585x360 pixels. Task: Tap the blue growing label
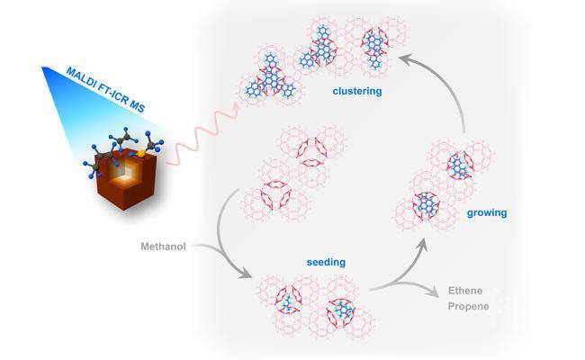pos(487,213)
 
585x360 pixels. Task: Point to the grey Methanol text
pos(164,245)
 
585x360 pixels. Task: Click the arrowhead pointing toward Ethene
pos(427,290)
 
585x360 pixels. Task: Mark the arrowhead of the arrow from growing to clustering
pos(407,60)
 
